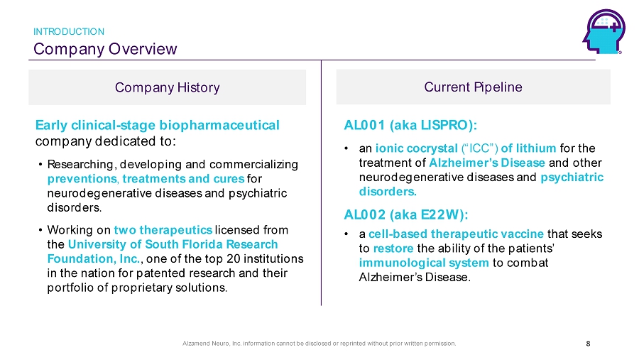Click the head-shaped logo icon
coord(604,31)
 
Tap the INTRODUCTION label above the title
coord(69,31)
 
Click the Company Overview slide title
coord(105,49)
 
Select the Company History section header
coord(167,87)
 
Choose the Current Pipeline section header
coord(473,87)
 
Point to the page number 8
coord(588,344)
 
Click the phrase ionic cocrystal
coord(417,148)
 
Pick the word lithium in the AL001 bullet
coord(536,148)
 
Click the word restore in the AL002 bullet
coord(393,249)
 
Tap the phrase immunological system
coord(424,263)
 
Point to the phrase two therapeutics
coord(163,230)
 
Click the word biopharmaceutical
coord(219,125)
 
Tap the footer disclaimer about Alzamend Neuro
coord(319,344)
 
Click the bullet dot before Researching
coord(40,165)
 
